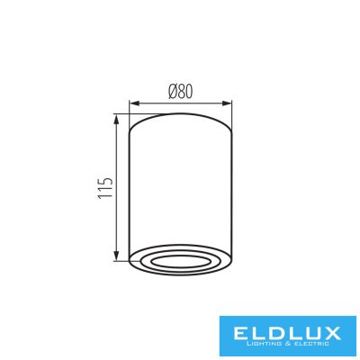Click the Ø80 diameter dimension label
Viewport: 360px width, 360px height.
[180, 92]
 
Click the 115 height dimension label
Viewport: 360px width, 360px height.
[105, 187]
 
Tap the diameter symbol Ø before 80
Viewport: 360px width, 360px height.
[173, 92]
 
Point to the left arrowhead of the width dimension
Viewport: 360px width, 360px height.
[134, 103]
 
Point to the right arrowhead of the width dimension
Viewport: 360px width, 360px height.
[227, 103]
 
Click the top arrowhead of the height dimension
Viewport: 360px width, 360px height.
[117, 119]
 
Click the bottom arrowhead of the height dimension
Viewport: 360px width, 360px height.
[117, 256]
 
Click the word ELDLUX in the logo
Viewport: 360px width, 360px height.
[287, 333]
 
